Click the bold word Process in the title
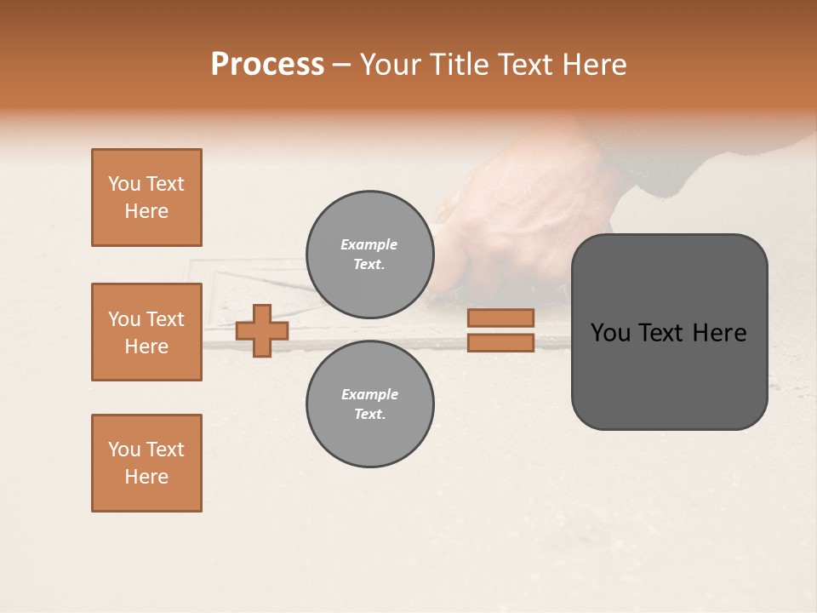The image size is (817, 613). [x=267, y=65]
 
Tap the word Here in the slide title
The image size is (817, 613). [x=594, y=65]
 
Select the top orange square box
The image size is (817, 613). [x=146, y=198]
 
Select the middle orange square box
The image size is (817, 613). [x=146, y=332]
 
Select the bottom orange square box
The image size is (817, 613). [x=146, y=463]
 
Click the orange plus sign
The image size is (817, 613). [x=262, y=330]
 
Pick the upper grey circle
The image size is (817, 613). [x=369, y=255]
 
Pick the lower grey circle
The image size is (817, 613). [x=369, y=404]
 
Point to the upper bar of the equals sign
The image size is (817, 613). [x=500, y=318]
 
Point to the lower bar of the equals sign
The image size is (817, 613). [x=500, y=342]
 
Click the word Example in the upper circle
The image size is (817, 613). [x=369, y=244]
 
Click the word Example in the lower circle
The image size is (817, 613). [x=369, y=394]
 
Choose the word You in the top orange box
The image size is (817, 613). [x=123, y=184]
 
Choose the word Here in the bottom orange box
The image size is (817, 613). [x=146, y=477]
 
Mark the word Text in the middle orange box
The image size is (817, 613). [x=164, y=319]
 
